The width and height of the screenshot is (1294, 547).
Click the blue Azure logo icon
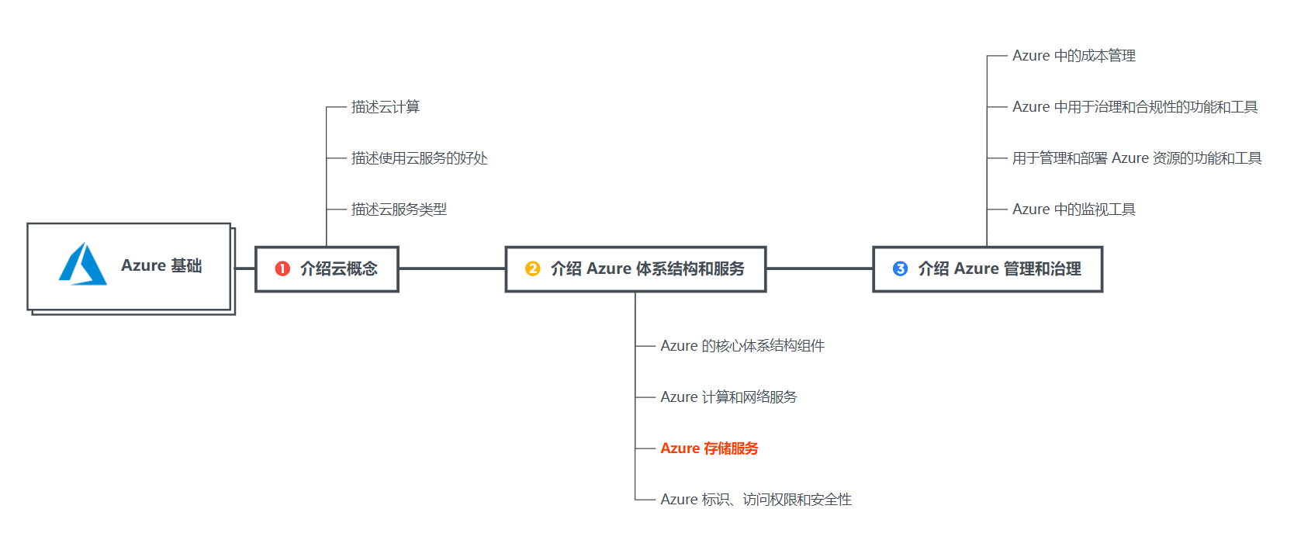pos(83,265)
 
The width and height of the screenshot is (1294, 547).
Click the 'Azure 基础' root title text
pos(161,265)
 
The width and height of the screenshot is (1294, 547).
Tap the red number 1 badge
pos(282,268)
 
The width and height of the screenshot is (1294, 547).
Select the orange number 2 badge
pos(532,268)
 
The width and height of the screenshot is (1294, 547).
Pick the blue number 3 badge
pos(900,268)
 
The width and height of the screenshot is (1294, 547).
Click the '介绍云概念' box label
pos(339,268)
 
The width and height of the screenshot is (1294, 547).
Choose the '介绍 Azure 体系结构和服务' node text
pos(647,268)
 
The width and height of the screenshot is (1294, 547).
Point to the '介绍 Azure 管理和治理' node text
pos(999,268)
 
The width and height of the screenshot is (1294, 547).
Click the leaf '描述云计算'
pos(386,107)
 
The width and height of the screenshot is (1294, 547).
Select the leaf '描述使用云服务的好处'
pos(419,158)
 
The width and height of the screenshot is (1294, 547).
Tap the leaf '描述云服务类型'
pos(399,209)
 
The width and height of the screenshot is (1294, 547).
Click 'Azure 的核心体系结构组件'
pos(742,346)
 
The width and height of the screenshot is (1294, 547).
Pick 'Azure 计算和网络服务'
pos(728,397)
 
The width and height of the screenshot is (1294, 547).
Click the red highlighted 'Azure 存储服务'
pos(709,448)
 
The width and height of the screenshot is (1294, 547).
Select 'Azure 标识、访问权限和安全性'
pos(756,500)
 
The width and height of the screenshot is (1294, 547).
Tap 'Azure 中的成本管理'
pos(1074,56)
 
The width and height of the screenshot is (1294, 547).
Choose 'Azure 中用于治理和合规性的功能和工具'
pos(1135,107)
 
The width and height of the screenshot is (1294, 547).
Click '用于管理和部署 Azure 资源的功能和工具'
pos(1137,158)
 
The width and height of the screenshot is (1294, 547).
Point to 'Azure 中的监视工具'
pos(1074,209)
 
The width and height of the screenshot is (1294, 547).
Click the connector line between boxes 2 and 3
pos(819,268)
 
